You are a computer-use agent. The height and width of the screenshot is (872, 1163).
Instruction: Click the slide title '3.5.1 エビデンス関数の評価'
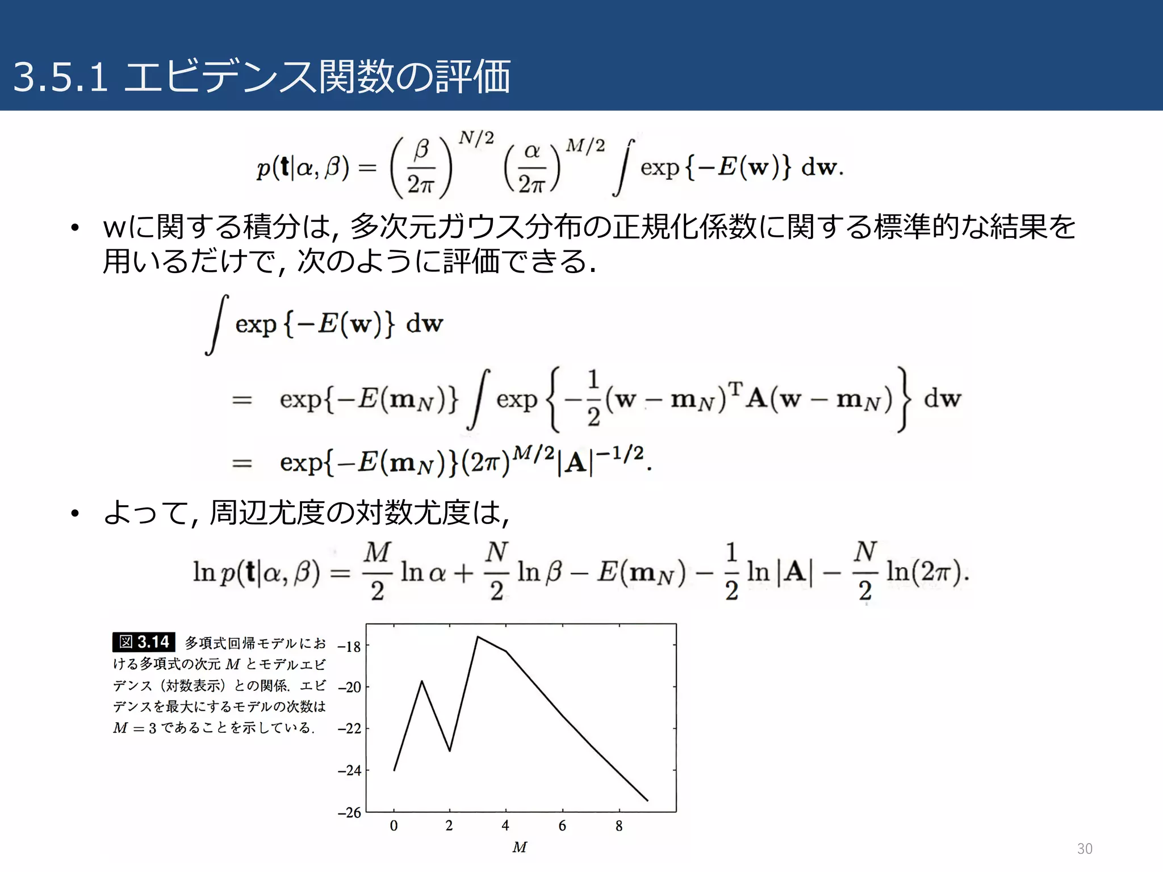coord(262,77)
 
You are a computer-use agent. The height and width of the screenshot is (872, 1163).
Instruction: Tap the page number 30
coord(1084,849)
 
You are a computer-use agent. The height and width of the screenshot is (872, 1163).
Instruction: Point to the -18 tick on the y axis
coord(350,647)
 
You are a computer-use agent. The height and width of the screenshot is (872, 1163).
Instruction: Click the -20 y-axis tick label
coord(350,687)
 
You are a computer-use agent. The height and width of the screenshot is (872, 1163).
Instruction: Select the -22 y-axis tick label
coord(350,729)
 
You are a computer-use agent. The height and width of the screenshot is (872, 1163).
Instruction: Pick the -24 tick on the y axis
coord(350,770)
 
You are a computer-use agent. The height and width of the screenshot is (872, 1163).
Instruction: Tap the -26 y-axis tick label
coord(350,812)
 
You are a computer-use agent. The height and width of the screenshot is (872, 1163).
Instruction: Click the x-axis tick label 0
coord(394,826)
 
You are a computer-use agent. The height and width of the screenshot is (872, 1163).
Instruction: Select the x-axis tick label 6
coord(562,826)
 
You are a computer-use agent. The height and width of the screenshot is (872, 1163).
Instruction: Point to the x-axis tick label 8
coord(619,826)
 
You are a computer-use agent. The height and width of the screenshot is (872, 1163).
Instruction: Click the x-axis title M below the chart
coord(520,848)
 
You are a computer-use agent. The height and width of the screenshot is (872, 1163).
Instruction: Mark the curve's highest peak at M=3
coord(478,637)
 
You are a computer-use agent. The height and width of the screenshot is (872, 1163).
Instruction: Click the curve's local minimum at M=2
coord(450,751)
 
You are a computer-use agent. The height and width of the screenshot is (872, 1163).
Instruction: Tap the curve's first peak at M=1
coord(422,681)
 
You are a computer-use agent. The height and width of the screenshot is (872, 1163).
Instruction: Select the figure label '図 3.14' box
coord(144,642)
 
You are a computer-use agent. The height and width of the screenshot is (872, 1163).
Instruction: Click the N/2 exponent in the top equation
coord(476,138)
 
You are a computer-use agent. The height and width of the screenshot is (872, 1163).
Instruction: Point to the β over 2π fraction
coord(421,167)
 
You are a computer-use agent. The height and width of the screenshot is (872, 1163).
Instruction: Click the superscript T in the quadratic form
coord(735,389)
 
